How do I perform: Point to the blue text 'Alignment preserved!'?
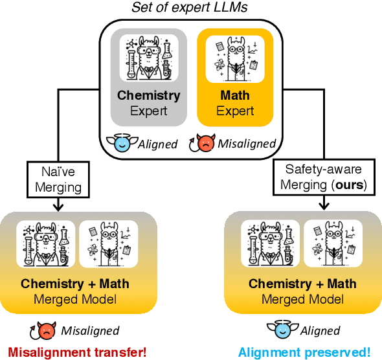304,353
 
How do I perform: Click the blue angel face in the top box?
122,144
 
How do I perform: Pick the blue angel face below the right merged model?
283,331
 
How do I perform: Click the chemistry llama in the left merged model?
45,244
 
